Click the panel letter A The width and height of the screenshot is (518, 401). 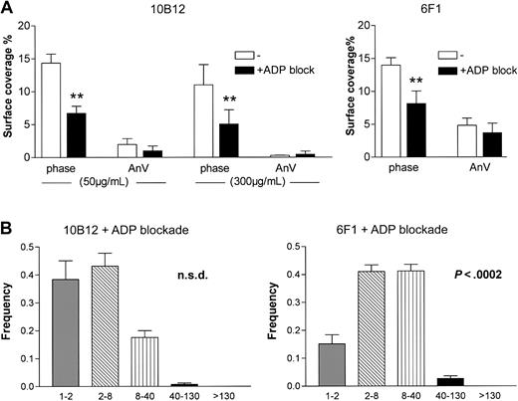(x=8, y=8)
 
